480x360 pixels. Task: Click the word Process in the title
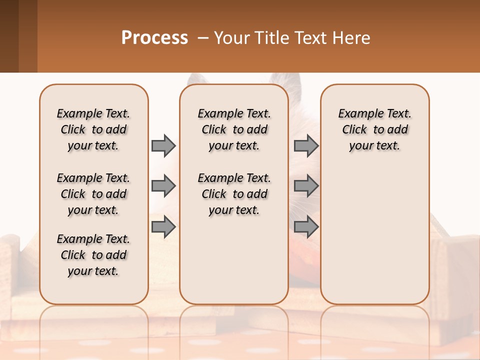pos(154,38)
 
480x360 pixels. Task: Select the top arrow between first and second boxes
pos(163,145)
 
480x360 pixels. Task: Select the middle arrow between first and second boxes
pos(163,186)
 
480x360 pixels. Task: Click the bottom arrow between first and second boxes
pos(163,227)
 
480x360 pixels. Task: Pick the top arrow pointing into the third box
pos(306,145)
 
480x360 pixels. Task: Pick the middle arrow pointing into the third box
pos(306,186)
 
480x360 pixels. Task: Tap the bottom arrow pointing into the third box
pos(306,227)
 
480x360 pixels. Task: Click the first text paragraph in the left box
pos(93,129)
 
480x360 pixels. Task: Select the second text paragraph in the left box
pos(93,194)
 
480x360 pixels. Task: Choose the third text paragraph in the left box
pos(93,255)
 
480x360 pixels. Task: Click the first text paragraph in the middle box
pos(234,129)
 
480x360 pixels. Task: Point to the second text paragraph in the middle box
pos(234,194)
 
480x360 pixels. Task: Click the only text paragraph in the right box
pos(374,129)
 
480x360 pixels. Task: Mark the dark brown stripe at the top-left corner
pos(18,36)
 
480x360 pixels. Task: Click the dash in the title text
pos(203,38)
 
